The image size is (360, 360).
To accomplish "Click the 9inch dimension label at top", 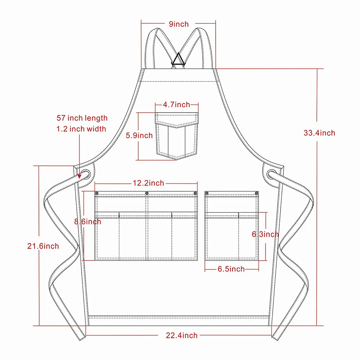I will pos(179,24).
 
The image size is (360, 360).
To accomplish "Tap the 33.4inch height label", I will pos(319,133).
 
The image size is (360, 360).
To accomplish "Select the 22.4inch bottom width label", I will pos(181,335).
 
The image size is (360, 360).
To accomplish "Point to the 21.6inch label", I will pos(43,246).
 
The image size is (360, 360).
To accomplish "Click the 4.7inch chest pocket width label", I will pos(176,105).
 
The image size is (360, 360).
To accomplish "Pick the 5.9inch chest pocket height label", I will pos(139,136).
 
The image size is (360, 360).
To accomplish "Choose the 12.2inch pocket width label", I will pos(148,183).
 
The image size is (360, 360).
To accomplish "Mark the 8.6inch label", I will pos(87,222).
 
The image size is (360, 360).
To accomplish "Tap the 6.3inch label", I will pos(265,234).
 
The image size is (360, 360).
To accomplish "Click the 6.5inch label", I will pos(231,269).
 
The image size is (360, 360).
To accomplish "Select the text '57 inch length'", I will pos(82,118).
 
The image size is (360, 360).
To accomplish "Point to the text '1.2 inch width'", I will pos(81,129).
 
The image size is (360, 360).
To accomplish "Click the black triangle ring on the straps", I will pos(178,59).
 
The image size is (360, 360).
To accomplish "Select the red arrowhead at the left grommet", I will pos(80,176).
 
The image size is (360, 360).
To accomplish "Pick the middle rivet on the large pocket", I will pos(147,194).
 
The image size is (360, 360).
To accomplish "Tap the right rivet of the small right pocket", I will pos(257,194).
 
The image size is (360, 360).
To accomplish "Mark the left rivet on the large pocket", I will pos(97,194).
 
